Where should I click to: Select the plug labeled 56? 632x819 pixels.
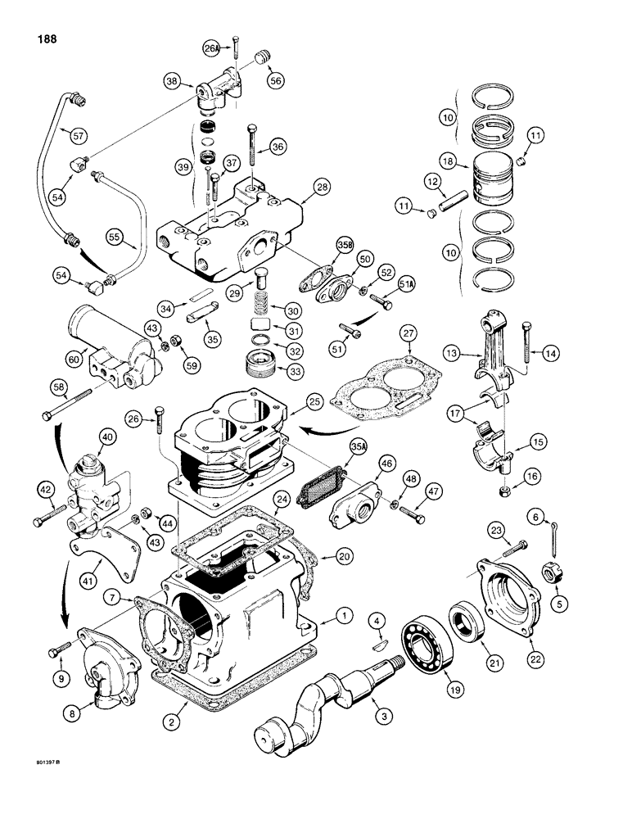click(x=262, y=57)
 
